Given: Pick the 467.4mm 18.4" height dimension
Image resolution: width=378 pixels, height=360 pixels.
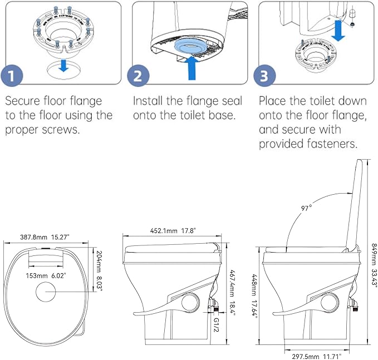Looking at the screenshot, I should (234, 294).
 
